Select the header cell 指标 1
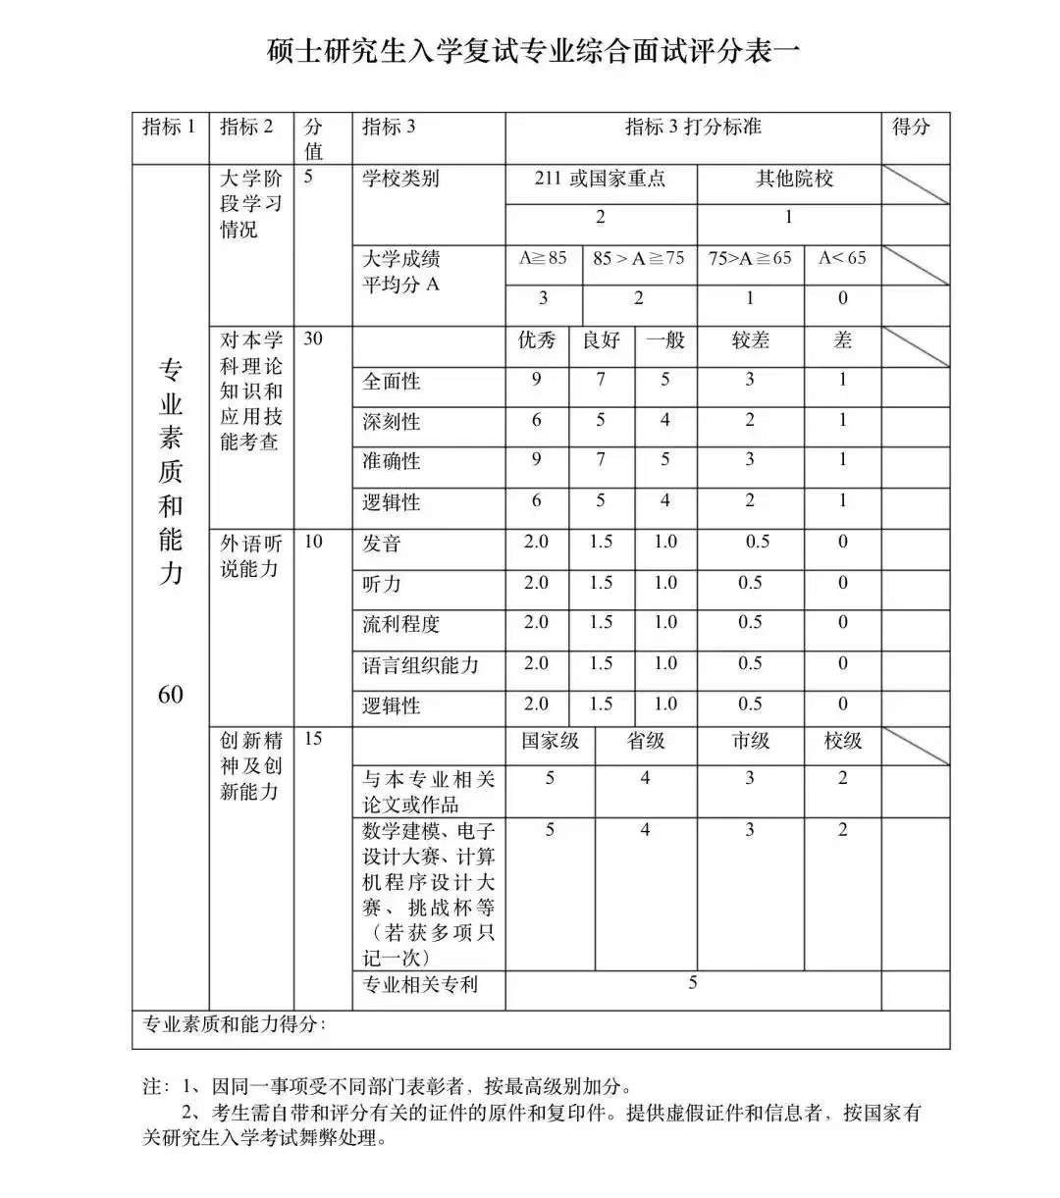click(x=169, y=127)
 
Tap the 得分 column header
click(x=910, y=127)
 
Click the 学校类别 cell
click(x=400, y=179)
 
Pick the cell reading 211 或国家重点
click(x=600, y=179)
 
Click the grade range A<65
click(x=842, y=258)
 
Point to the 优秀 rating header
click(x=536, y=340)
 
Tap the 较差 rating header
click(x=750, y=340)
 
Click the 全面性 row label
click(x=391, y=382)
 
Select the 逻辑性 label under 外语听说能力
click(x=391, y=705)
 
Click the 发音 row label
click(x=381, y=544)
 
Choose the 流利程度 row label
click(x=400, y=624)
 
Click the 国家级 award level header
click(x=550, y=741)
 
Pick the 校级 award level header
click(x=842, y=741)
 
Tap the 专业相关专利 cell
click(x=420, y=984)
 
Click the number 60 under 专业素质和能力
click(x=170, y=694)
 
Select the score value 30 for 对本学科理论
click(x=313, y=339)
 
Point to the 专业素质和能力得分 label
click(x=235, y=1025)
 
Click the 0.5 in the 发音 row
click(x=757, y=542)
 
